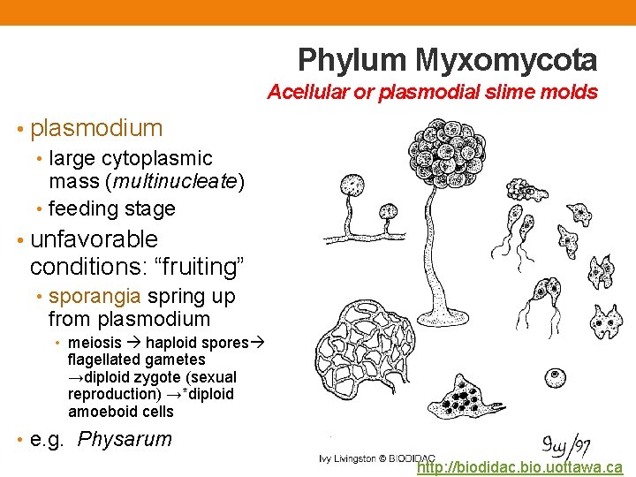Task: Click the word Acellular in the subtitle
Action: [x=305, y=92]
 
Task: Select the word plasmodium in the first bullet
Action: [x=96, y=128]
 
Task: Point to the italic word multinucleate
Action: [x=185, y=183]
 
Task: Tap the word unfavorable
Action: [x=94, y=239]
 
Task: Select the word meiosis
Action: [x=95, y=343]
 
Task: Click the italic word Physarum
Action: [x=125, y=439]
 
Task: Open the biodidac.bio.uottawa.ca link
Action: [x=519, y=466]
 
